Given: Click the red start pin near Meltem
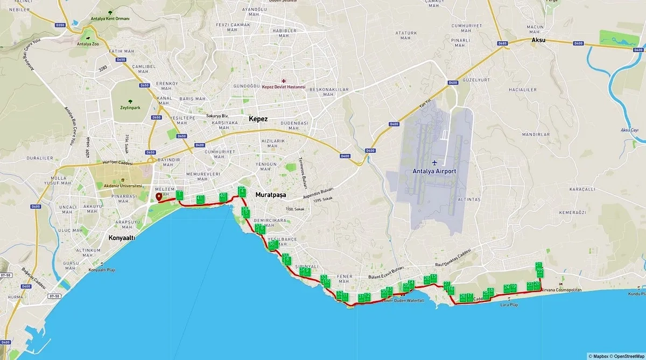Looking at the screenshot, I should pos(159,197).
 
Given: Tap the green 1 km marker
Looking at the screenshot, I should pos(179,195).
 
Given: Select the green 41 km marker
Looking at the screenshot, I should pos(200,200).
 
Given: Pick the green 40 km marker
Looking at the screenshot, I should pos(223,197).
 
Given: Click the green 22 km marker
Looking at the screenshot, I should pos(540,272).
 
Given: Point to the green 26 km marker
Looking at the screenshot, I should pos(463,297).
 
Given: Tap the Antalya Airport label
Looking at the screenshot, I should pos(434,171).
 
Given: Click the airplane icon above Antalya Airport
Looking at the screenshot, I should pos(434,161).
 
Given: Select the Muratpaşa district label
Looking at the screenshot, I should pos(271,194).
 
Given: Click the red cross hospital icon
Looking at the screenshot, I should pos(284,81).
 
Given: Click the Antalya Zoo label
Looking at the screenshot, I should pos(86,45).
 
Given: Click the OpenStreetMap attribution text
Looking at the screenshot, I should pos(628,356).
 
